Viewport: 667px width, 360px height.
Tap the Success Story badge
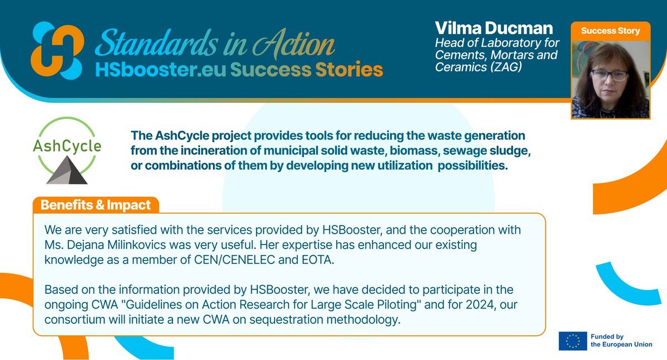coord(610,31)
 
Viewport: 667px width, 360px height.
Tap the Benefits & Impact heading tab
coord(96,205)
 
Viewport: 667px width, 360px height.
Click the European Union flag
coord(573,340)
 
